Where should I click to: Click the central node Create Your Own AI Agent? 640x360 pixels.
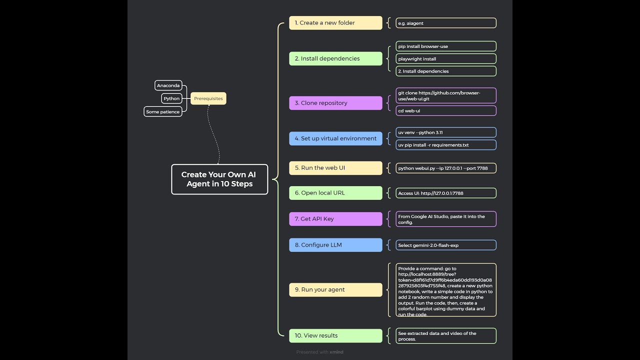tap(219, 179)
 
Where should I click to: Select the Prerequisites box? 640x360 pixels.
tap(208, 98)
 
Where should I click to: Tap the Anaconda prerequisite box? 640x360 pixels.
tap(168, 85)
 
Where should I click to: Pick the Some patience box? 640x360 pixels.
tap(162, 112)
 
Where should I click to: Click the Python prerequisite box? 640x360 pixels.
tap(171, 98)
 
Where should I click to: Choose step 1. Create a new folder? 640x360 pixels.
tap(335, 23)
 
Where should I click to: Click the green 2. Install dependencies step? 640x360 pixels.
tap(335, 58)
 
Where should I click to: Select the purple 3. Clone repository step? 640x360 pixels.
tap(335, 103)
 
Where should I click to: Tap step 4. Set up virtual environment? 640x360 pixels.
tap(335, 138)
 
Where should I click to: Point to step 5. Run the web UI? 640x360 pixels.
tap(335, 168)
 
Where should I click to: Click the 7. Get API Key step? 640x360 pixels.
tap(335, 219)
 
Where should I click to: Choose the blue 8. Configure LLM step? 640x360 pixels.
tap(335, 245)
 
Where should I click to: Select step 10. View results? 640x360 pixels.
tap(335, 335)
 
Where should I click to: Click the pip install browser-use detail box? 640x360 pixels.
tap(446, 46)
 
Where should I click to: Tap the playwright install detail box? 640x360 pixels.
tap(446, 59)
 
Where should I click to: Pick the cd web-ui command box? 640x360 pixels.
tap(446, 111)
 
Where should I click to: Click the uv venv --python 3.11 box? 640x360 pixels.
tap(446, 132)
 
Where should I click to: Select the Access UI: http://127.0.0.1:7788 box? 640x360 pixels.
tap(446, 193)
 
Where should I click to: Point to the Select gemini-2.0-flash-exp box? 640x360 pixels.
tap(446, 245)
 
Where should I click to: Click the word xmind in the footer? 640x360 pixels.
tap(336, 352)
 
